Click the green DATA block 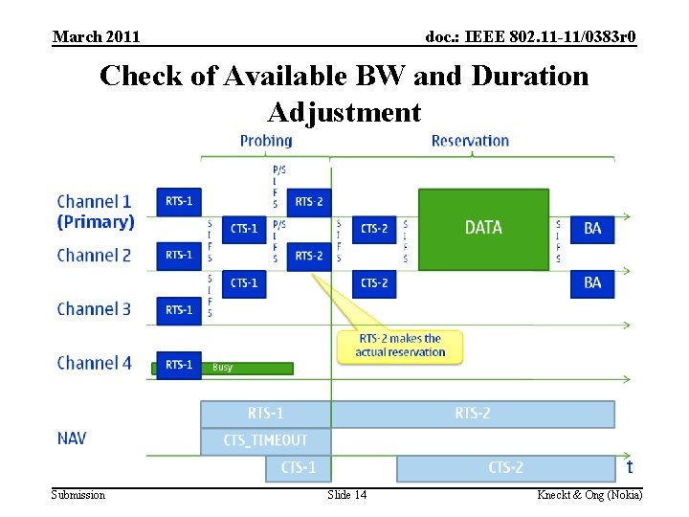click(x=483, y=228)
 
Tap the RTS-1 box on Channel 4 click(x=179, y=364)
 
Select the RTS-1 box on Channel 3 click(x=179, y=309)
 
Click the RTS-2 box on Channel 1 click(x=309, y=202)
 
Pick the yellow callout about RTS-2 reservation click(x=400, y=346)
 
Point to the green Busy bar click(x=246, y=368)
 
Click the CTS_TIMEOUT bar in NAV click(x=265, y=440)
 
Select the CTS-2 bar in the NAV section click(x=505, y=468)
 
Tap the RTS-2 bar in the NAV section click(x=472, y=414)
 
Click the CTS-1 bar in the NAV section click(x=298, y=468)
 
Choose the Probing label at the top click(x=266, y=141)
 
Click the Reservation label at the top click(x=470, y=141)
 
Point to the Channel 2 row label click(x=94, y=256)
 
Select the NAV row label click(x=72, y=438)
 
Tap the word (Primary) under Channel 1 click(x=96, y=222)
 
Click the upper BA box click(x=592, y=228)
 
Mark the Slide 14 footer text click(x=346, y=494)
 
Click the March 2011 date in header click(x=97, y=36)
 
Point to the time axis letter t click(x=629, y=467)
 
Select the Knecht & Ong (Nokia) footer click(x=589, y=494)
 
